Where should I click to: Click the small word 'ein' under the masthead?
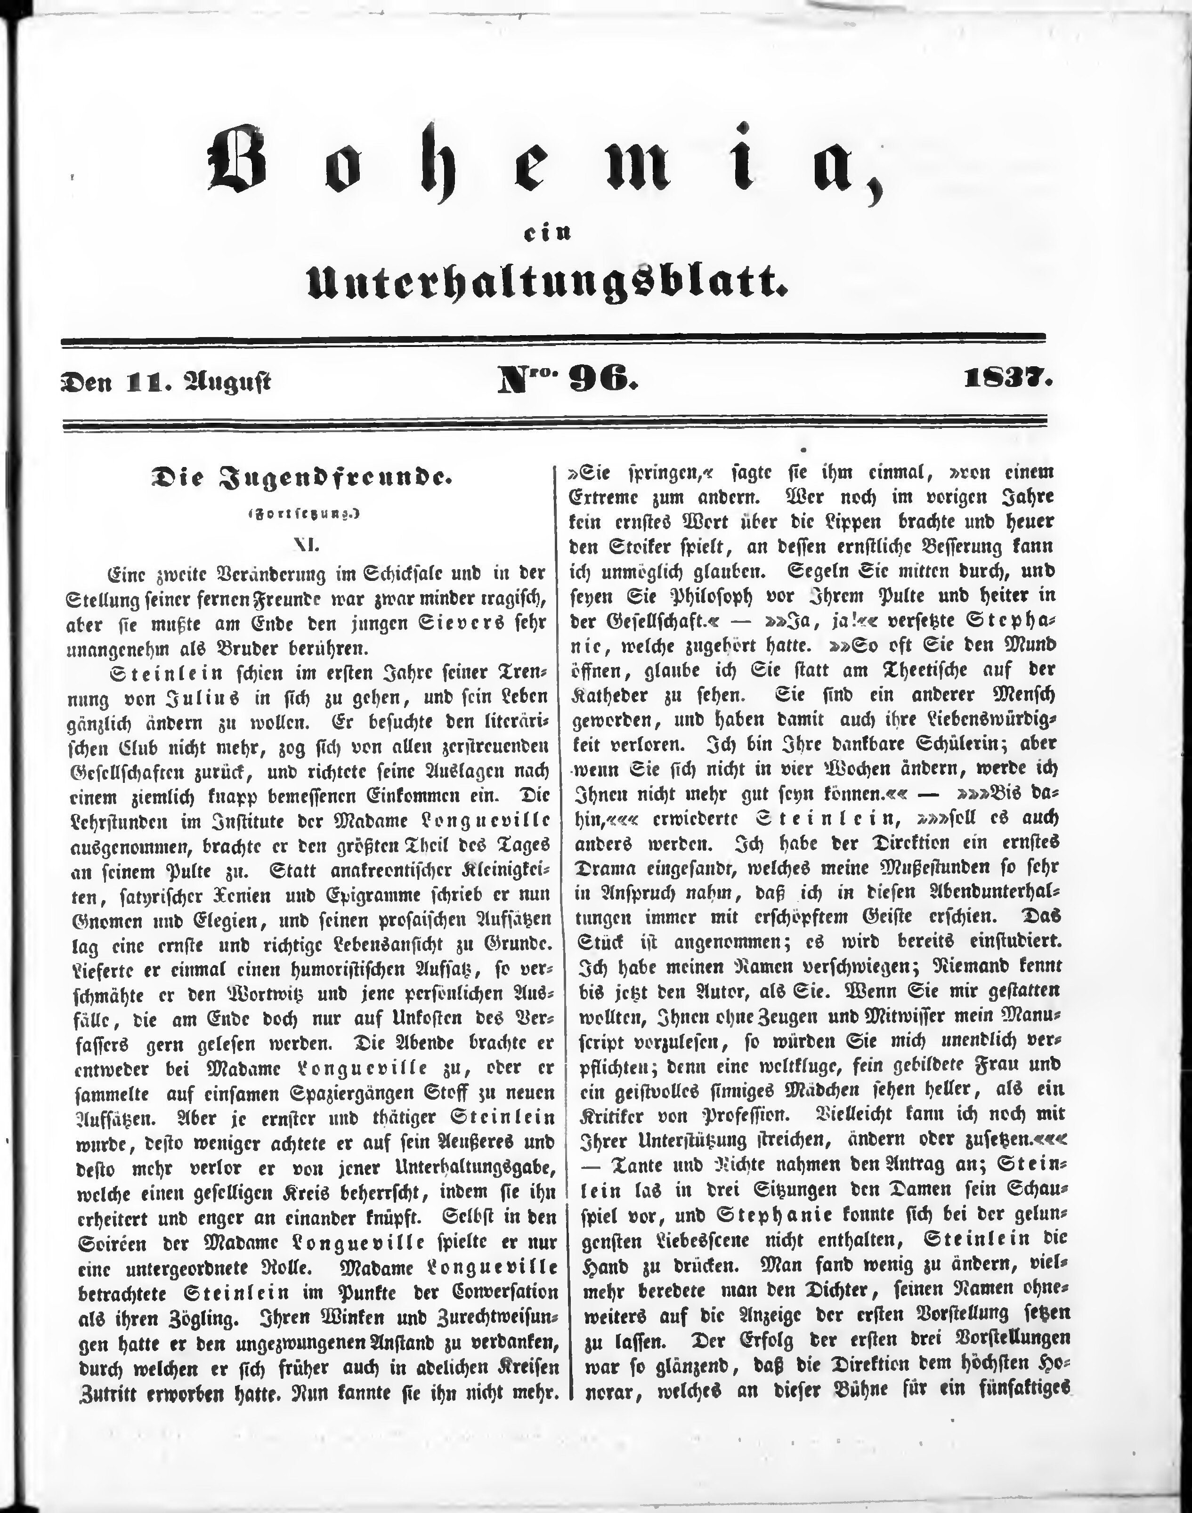tap(547, 235)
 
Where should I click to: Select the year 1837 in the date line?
tap(1006, 380)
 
